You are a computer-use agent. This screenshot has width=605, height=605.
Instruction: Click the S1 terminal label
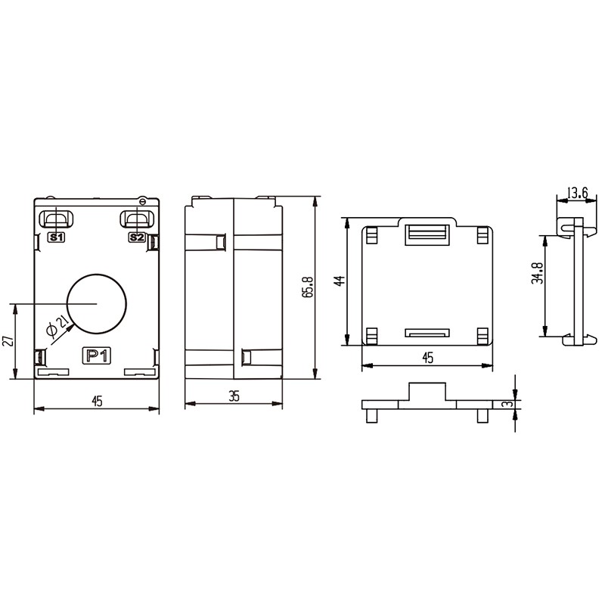[x=56, y=237]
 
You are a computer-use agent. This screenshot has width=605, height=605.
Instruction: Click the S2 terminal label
[x=137, y=237]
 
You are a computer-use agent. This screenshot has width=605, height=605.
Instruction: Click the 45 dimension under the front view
[x=97, y=402]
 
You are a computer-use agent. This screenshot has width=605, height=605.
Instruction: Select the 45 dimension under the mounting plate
[x=427, y=358]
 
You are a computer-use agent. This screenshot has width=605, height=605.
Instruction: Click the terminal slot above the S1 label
[x=56, y=219]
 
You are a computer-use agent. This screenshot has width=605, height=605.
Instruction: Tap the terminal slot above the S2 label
[x=138, y=219]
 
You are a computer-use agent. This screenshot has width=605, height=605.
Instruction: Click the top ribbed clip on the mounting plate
[x=427, y=234]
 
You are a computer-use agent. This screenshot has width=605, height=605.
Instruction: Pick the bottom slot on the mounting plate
[x=427, y=332]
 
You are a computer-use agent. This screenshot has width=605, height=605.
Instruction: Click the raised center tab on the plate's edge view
[x=427, y=392]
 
